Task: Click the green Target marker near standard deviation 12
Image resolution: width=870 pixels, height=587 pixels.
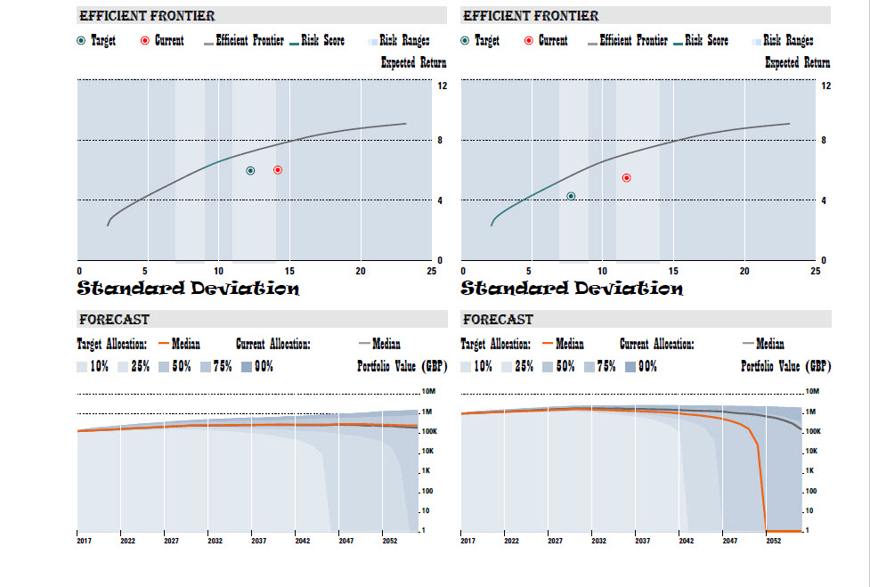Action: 250,171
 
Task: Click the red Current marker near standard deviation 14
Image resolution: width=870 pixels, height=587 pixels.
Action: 278,170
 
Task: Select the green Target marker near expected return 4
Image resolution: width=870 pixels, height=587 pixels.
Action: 571,196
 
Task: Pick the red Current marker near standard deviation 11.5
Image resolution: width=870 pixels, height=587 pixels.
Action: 626,178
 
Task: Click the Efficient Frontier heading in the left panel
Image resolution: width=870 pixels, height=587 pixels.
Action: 147,16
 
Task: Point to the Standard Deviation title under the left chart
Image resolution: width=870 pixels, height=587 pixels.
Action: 188,289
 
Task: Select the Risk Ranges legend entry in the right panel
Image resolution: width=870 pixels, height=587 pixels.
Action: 788,41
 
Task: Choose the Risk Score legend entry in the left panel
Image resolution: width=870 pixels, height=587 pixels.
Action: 322,41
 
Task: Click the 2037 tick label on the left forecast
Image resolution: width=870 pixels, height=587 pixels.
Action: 258,541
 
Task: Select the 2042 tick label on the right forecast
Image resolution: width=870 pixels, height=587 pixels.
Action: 686,541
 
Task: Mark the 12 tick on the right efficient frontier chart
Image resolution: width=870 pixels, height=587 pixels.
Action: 826,86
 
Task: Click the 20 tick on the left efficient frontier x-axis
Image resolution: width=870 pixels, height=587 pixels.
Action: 361,271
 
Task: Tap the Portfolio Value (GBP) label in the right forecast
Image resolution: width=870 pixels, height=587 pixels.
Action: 785,366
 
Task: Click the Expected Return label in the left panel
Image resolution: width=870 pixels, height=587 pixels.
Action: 413,63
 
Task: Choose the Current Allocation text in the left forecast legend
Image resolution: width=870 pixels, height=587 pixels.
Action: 272,344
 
